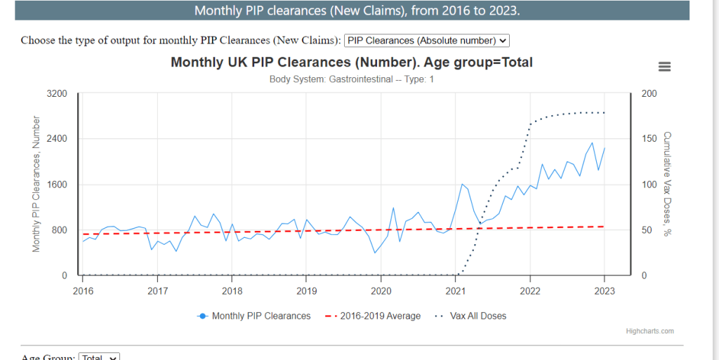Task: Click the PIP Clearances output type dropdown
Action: point(427,41)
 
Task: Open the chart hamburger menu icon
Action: point(664,67)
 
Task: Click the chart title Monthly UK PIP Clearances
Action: point(352,62)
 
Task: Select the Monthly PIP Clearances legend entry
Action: point(254,316)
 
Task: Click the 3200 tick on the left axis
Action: point(57,93)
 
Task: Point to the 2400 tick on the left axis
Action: point(57,139)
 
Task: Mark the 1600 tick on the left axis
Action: point(57,185)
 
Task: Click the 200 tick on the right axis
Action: point(649,93)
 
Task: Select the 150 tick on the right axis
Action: point(649,139)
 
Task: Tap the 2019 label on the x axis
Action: point(306,290)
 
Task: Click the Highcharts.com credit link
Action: point(649,331)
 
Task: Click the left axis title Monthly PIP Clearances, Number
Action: point(37,184)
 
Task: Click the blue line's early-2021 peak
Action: point(462,184)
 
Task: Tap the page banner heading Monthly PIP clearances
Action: point(357,11)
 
